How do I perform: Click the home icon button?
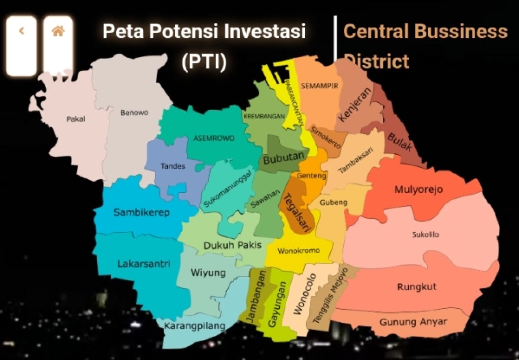pos(58,31)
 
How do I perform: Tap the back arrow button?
pos(21,31)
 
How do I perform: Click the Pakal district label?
pos(76,119)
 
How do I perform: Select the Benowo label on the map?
pos(134,113)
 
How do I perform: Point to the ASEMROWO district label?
pos(214,138)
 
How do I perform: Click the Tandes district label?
pos(173,166)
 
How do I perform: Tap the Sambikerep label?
pos(142,212)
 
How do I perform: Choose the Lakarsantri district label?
pos(144,264)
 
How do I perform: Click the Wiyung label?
pos(208,272)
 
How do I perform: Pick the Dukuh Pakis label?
pos(232,245)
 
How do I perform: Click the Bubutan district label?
pos(284,159)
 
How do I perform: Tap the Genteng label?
pos(311,176)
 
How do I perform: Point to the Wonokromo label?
pos(298,251)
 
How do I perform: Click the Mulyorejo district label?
pos(418,189)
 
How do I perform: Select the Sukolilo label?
pos(425,234)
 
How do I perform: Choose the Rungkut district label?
pos(417,287)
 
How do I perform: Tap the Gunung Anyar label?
pos(413,322)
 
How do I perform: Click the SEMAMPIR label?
pos(320,86)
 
